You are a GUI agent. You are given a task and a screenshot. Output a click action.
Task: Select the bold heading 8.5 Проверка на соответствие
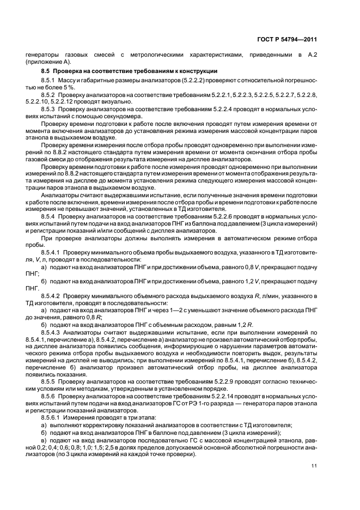(x=130, y=71)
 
